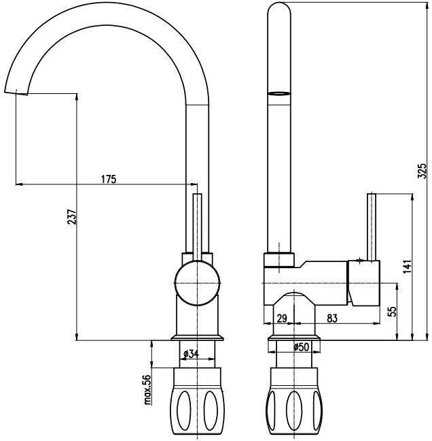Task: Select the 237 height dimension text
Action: tap(71, 217)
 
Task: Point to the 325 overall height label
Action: tap(421, 170)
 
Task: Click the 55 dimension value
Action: tap(391, 312)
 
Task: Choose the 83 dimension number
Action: tap(332, 318)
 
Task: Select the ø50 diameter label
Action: tap(301, 346)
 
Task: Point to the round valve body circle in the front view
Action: tap(197, 281)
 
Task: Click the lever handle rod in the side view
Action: tap(373, 225)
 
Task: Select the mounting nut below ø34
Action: tap(197, 401)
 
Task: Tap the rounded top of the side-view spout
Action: tap(281, 14)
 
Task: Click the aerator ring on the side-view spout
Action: tap(281, 95)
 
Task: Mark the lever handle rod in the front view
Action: tap(198, 225)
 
